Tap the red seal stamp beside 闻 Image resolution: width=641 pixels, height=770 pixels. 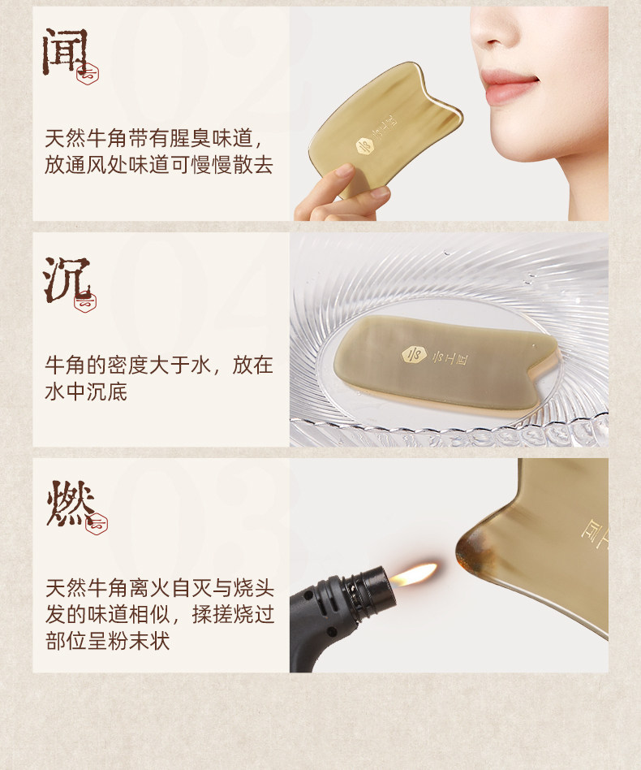click(x=87, y=75)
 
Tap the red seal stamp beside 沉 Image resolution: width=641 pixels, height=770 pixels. click(x=85, y=301)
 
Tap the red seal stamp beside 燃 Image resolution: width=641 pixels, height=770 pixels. click(x=96, y=525)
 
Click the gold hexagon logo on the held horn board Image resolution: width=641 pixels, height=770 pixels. click(x=364, y=145)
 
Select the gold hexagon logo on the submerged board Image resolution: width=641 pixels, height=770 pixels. click(x=413, y=354)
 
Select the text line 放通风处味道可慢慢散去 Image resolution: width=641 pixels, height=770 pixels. click(x=159, y=165)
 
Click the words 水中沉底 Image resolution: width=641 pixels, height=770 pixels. click(x=85, y=392)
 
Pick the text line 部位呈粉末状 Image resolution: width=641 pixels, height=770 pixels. click(x=107, y=640)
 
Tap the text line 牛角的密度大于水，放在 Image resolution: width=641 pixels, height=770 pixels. click(x=159, y=365)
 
